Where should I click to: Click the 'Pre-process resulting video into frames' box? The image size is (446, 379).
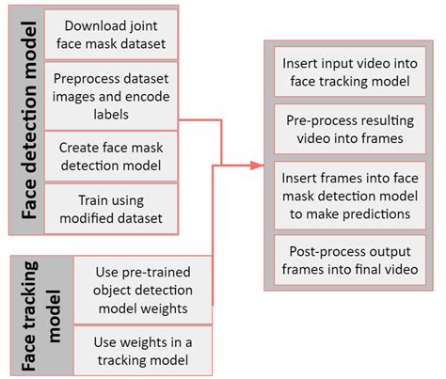click(344, 129)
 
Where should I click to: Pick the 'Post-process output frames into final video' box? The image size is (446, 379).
click(344, 258)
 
